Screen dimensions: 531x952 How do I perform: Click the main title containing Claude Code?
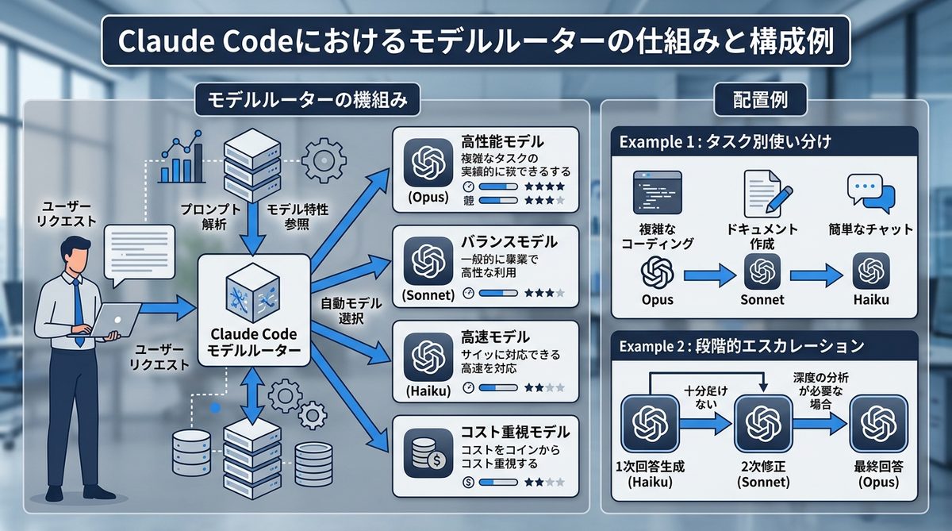(475, 42)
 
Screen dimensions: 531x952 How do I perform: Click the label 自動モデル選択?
(351, 310)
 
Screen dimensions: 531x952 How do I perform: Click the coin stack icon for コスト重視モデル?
(428, 452)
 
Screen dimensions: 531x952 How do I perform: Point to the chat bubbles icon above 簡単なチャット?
(870, 192)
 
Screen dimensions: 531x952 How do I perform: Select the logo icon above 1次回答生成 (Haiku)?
(649, 421)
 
